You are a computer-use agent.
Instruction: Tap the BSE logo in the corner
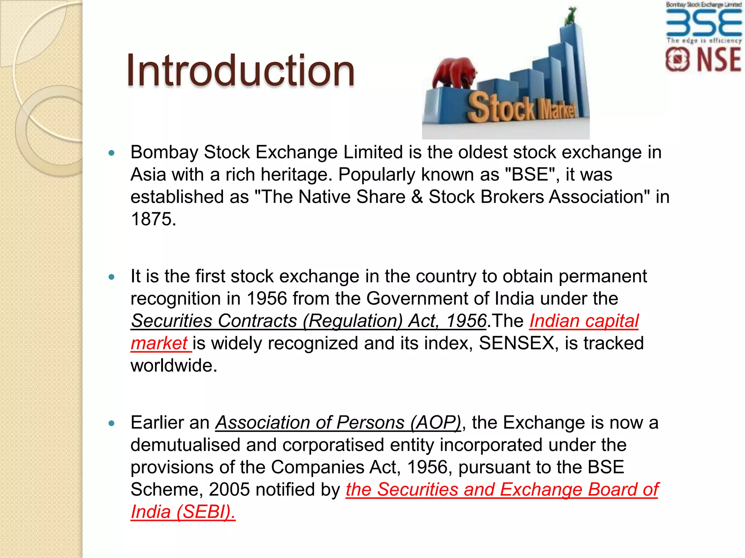coord(704,23)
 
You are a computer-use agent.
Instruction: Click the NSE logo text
coord(719,60)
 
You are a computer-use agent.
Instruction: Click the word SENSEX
coord(516,343)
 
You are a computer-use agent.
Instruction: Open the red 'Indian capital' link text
coord(583,321)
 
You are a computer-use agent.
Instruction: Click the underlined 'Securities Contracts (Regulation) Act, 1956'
coord(308,321)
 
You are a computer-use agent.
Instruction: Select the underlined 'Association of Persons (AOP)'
coord(338,422)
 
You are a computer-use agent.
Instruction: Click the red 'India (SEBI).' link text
coord(183,512)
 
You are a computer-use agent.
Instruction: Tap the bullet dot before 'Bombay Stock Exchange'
coord(112,153)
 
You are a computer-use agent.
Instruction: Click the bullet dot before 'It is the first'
coord(112,277)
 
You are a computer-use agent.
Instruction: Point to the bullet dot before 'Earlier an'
coord(112,423)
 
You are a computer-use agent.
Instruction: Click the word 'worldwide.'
coord(174,365)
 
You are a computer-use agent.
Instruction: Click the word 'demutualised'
coord(185,445)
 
